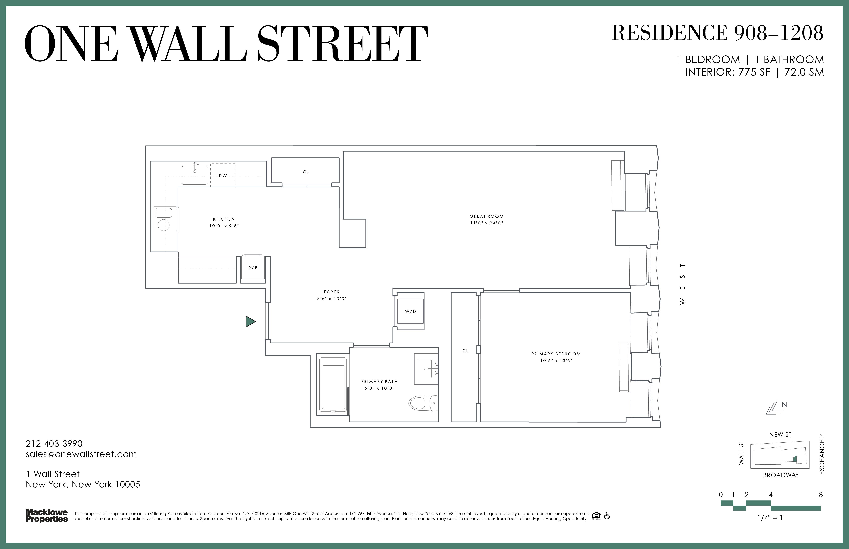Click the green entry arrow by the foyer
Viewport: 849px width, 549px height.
tap(250, 322)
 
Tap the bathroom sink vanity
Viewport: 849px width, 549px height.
tap(426, 369)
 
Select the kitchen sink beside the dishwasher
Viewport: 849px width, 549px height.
tap(195, 174)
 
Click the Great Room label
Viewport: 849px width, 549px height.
tap(487, 216)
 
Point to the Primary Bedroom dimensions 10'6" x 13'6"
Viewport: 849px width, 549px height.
tap(556, 360)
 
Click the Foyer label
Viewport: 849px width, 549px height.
tap(332, 292)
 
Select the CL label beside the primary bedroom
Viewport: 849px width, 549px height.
tap(465, 350)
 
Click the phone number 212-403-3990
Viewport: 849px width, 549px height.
tap(54, 444)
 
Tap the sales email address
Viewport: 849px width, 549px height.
tap(81, 454)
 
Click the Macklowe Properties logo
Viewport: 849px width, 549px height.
tap(47, 516)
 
